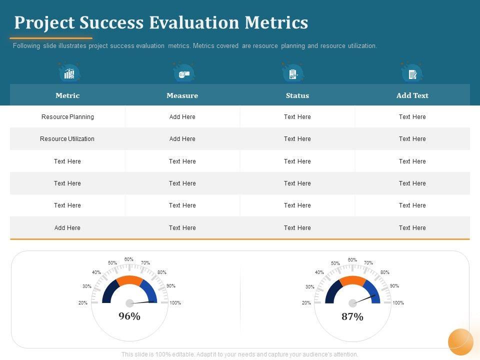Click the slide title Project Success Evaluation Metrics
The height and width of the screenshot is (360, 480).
[161, 22]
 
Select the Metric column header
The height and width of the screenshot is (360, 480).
[67, 95]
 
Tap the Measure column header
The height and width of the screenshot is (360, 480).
[182, 95]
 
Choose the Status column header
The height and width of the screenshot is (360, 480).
[297, 95]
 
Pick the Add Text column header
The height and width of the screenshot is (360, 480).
[412, 95]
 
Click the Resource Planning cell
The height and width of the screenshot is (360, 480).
[67, 117]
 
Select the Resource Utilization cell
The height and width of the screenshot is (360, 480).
[67, 139]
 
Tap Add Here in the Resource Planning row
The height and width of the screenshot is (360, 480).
[182, 117]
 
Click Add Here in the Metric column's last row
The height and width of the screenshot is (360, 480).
[67, 228]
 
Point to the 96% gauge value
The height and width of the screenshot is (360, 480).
[129, 316]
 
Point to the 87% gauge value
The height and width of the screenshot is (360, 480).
[352, 316]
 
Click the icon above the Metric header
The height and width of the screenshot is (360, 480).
[69, 73]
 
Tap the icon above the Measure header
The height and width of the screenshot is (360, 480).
[184, 73]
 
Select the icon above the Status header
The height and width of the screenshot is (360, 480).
[293, 74]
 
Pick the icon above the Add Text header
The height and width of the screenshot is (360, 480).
[412, 74]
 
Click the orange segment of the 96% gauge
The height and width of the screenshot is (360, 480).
[129, 280]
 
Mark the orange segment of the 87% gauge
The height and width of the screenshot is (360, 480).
[352, 280]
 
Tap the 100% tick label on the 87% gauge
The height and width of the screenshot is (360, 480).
[398, 303]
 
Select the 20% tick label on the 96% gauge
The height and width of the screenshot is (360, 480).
[83, 303]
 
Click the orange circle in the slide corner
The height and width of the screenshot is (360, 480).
[460, 342]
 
